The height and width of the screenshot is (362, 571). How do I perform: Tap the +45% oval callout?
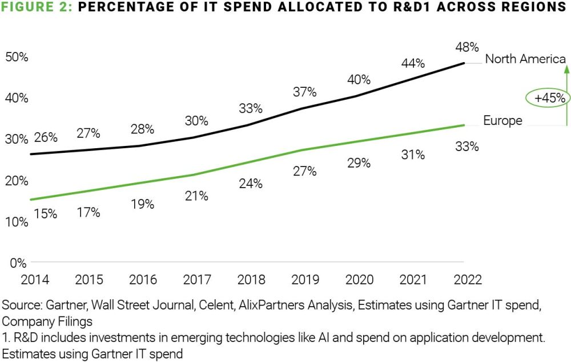pos(550,98)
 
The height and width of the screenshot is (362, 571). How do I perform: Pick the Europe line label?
pos(502,120)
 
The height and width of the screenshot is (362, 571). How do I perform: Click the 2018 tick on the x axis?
pos(251,280)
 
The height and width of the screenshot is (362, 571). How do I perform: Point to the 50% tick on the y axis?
pos(17,58)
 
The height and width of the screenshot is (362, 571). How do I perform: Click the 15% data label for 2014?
pos(46,214)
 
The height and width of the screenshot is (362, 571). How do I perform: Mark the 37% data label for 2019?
pos(304,92)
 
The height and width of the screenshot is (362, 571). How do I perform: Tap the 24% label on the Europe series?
pos(251,184)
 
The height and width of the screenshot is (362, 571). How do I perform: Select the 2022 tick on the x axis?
pos(466,280)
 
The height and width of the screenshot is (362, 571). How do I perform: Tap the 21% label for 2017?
pos(196,196)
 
